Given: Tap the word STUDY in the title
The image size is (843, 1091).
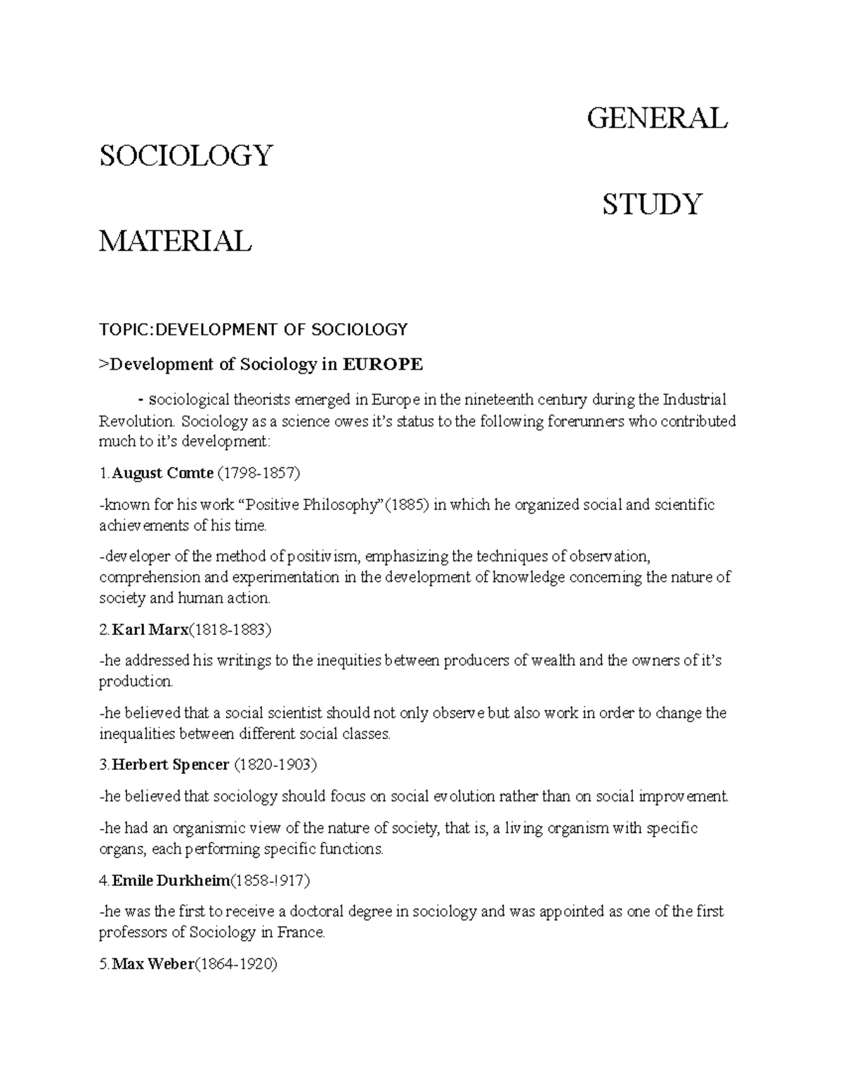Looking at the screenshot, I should [651, 204].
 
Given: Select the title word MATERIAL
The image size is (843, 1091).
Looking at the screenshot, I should [175, 241].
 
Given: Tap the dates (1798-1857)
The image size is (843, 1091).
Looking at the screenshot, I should [259, 473].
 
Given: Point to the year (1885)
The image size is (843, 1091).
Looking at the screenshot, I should [407, 505].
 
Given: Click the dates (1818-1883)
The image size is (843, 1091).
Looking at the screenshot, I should [230, 629].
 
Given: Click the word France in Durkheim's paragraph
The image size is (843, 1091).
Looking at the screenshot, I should [301, 933].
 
